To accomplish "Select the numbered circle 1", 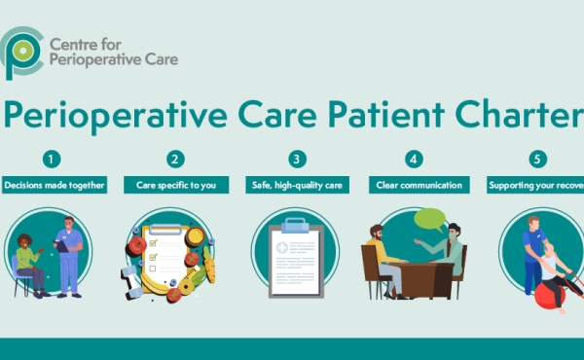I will (53, 159).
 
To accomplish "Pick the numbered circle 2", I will (175, 159).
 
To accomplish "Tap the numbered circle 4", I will (416, 159).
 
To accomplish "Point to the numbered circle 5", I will (537, 159).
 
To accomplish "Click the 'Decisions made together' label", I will (54, 184).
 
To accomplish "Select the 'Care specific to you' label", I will (175, 184).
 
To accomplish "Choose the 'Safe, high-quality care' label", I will (296, 184).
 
